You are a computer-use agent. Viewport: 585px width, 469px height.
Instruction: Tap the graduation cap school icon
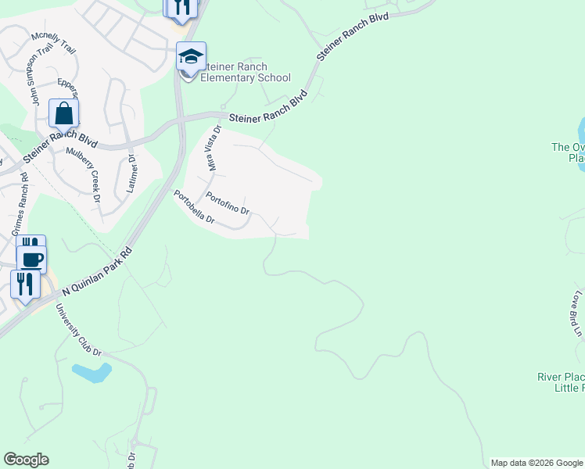pyautogui.click(x=191, y=56)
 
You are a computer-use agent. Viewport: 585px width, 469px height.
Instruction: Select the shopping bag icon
pyautogui.click(x=63, y=113)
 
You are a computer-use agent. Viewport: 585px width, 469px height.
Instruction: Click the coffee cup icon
pyautogui.click(x=31, y=259)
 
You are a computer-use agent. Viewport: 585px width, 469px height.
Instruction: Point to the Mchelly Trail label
pyautogui.click(x=54, y=43)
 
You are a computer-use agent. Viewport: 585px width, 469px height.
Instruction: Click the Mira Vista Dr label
pyautogui.click(x=213, y=149)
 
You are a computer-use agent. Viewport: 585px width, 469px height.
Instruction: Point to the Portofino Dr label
pyautogui.click(x=228, y=204)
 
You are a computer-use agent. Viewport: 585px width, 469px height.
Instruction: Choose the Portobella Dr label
pyautogui.click(x=194, y=207)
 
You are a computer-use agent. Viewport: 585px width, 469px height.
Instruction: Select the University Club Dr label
pyautogui.click(x=79, y=330)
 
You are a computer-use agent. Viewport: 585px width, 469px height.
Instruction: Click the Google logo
pyautogui.click(x=26, y=460)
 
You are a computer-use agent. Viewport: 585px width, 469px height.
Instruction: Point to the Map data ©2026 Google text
pyautogui.click(x=536, y=463)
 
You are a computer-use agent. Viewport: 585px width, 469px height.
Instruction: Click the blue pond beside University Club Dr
pyautogui.click(x=90, y=372)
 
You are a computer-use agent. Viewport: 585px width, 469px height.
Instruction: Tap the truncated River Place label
pyautogui.click(x=561, y=382)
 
